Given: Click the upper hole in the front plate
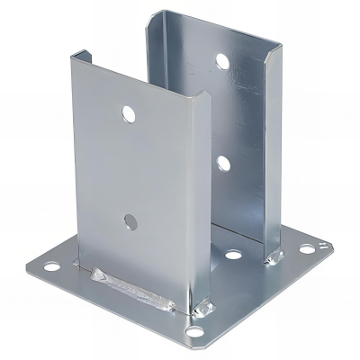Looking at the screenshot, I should point(129,114).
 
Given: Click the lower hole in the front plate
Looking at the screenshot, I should point(130,220).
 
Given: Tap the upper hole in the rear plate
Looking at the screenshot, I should point(221,62).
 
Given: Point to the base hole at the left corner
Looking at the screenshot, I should point(51,266).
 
